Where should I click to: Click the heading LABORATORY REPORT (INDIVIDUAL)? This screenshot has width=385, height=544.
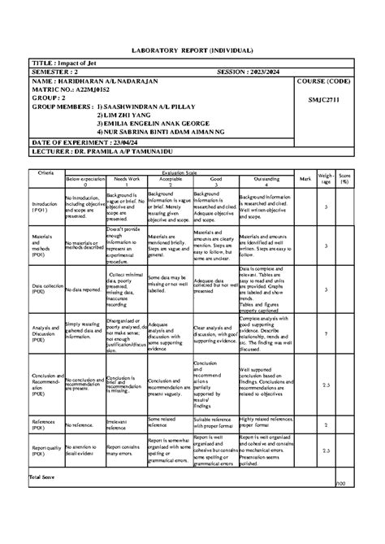192,50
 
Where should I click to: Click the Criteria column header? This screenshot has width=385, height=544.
45,173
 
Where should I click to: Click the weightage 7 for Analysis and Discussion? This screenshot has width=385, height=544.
326,333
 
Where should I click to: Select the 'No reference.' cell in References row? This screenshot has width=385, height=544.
81,424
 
